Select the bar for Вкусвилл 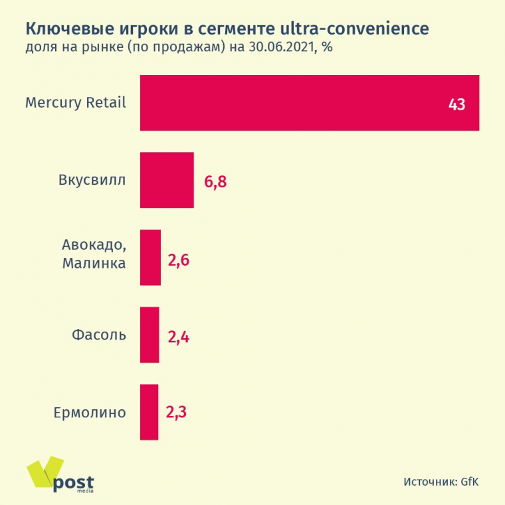click(167, 180)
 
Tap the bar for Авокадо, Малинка click(150, 257)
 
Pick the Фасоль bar click(150, 334)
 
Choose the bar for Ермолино click(149, 411)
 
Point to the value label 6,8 click(216, 181)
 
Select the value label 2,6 click(179, 260)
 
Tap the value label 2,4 click(178, 337)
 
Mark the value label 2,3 click(176, 412)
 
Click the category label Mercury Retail click(75, 103)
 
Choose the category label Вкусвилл click(92, 180)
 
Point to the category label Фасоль click(98, 334)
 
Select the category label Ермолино click(89, 412)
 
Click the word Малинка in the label click(94, 264)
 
